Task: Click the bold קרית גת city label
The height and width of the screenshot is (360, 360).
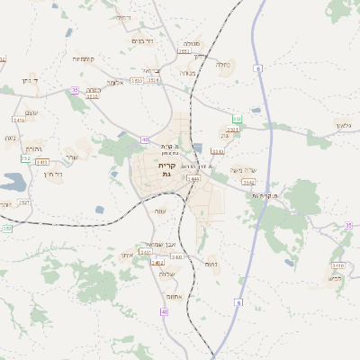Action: tap(166, 169)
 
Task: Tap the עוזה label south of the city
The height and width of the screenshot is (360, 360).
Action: tap(160, 211)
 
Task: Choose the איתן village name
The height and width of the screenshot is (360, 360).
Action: tap(127, 255)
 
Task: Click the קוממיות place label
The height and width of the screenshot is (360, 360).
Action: tap(85, 58)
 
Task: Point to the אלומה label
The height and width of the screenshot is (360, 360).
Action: tap(115, 82)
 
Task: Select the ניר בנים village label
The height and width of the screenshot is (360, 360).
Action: tap(142, 40)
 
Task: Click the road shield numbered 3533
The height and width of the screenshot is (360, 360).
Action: tap(137, 80)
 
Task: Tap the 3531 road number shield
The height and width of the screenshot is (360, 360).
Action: tap(233, 130)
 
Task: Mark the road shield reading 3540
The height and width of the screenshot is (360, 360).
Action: tap(217, 151)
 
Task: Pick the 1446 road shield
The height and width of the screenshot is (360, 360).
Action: tap(193, 178)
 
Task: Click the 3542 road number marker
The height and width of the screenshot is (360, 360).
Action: tap(248, 182)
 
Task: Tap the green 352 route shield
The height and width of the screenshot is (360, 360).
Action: tap(25, 158)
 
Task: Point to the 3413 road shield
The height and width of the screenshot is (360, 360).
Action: tap(42, 162)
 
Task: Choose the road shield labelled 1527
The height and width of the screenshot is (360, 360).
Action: tap(24, 202)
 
